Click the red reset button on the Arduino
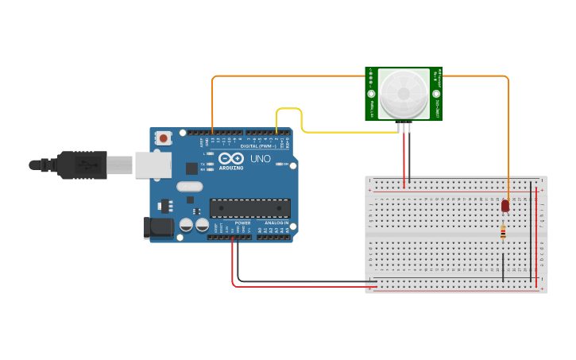(164, 138)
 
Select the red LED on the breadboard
(505, 207)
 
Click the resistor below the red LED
(503, 232)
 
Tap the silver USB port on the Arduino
(153, 165)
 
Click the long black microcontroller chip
(249, 208)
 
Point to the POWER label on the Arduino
(242, 223)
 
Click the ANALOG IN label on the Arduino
(276, 223)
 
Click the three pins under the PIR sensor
(406, 126)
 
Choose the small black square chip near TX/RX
(191, 168)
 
